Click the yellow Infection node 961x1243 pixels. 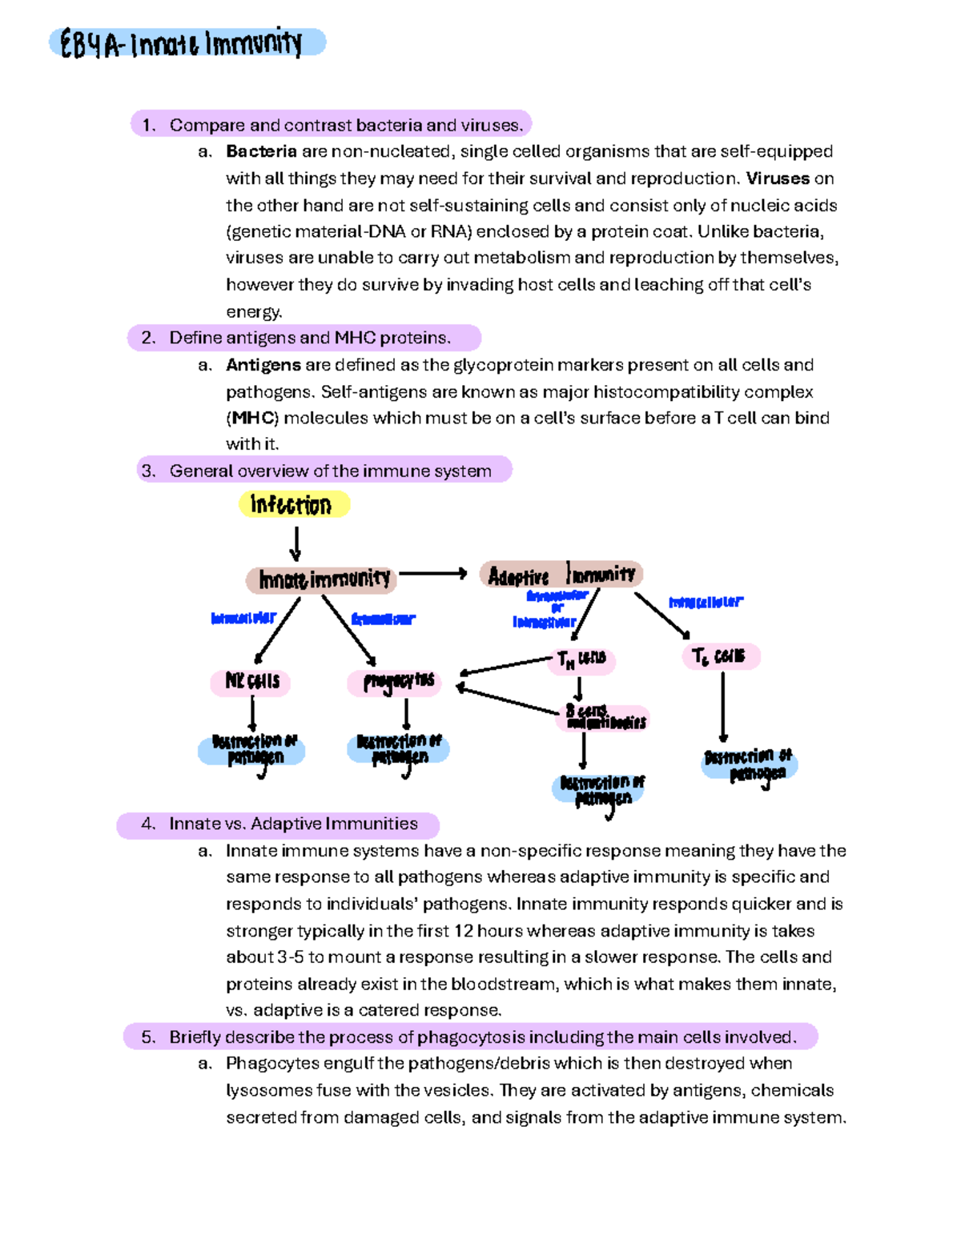pos(293,504)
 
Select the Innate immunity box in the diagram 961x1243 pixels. pos(322,579)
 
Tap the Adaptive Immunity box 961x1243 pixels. pos(561,575)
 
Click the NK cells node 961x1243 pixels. pos(251,681)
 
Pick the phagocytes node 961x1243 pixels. pos(396,682)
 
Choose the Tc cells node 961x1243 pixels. pos(719,656)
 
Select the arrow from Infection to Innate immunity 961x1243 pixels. pos(296,544)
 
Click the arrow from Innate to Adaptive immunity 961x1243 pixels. pos(432,573)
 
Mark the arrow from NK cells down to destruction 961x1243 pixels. pos(252,714)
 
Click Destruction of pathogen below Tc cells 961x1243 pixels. pos(748,764)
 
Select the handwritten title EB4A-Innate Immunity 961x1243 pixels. pos(186,43)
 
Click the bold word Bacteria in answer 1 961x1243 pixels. pos(261,151)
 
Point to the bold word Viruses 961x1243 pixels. pos(778,178)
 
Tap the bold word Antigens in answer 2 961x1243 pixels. pos(263,365)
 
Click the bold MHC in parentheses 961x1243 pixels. pos(252,418)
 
